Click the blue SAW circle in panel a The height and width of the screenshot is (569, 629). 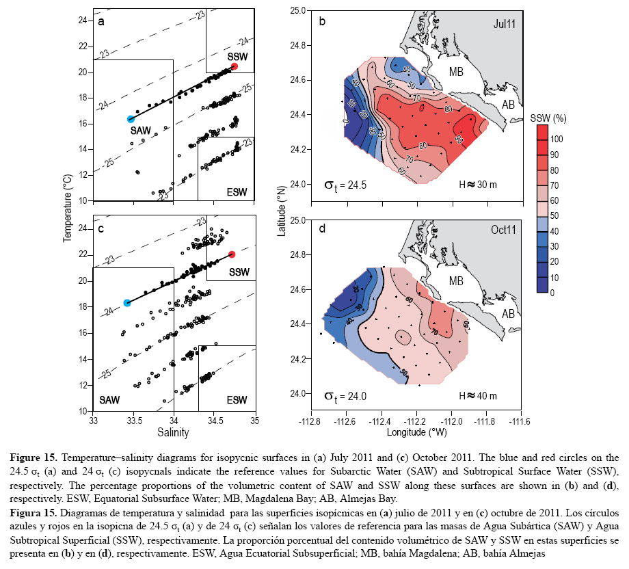tap(131, 119)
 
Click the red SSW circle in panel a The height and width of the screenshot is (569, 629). tap(234, 66)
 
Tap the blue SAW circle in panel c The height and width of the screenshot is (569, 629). tap(126, 303)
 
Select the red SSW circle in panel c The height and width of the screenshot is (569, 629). tap(232, 254)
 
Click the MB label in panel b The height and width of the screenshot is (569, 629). tap(457, 71)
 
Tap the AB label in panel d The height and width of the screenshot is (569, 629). tap(509, 315)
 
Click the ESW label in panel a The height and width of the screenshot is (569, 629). tap(236, 192)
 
